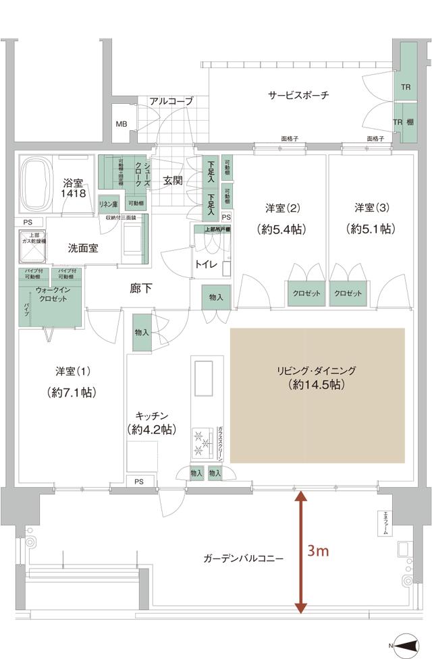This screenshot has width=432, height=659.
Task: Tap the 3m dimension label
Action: (x=318, y=551)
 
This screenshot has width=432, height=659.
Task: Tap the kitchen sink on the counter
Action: (x=202, y=378)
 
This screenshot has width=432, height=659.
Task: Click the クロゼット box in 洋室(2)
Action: (x=307, y=293)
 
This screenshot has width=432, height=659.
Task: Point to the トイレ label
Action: (x=206, y=264)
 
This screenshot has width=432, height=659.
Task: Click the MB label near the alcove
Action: (x=121, y=124)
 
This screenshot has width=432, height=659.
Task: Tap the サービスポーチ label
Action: (x=298, y=95)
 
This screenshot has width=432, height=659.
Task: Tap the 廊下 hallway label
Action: (x=141, y=288)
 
